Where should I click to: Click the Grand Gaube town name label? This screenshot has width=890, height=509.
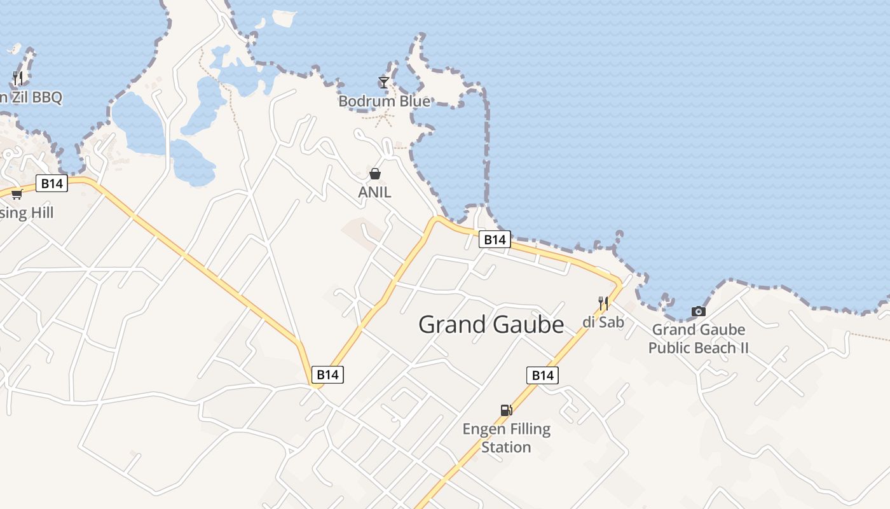point(491,324)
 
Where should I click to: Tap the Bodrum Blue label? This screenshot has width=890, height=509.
point(384,101)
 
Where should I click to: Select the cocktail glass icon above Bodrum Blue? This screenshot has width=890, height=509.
point(384,82)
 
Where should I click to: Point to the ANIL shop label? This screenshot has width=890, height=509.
point(374,192)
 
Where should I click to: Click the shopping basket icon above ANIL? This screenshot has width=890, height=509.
point(375,173)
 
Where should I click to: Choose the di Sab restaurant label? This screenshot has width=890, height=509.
point(603,322)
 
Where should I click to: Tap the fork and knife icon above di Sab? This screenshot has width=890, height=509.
point(603,303)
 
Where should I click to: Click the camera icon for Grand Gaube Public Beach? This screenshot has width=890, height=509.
point(698,311)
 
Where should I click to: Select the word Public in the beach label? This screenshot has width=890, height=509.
point(677,348)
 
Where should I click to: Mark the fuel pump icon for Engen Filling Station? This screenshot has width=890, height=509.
point(506,410)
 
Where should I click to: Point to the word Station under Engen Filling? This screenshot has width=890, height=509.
point(506,447)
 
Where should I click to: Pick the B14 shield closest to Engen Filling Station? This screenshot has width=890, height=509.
point(542,375)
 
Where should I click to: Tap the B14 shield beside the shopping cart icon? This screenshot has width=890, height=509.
point(51,184)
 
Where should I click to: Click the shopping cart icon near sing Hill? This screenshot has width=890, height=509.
point(17,194)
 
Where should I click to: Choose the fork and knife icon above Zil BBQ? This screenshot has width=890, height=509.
point(17,78)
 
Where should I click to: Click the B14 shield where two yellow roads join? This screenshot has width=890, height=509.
point(327,375)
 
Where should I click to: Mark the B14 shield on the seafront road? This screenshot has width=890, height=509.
point(495,239)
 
